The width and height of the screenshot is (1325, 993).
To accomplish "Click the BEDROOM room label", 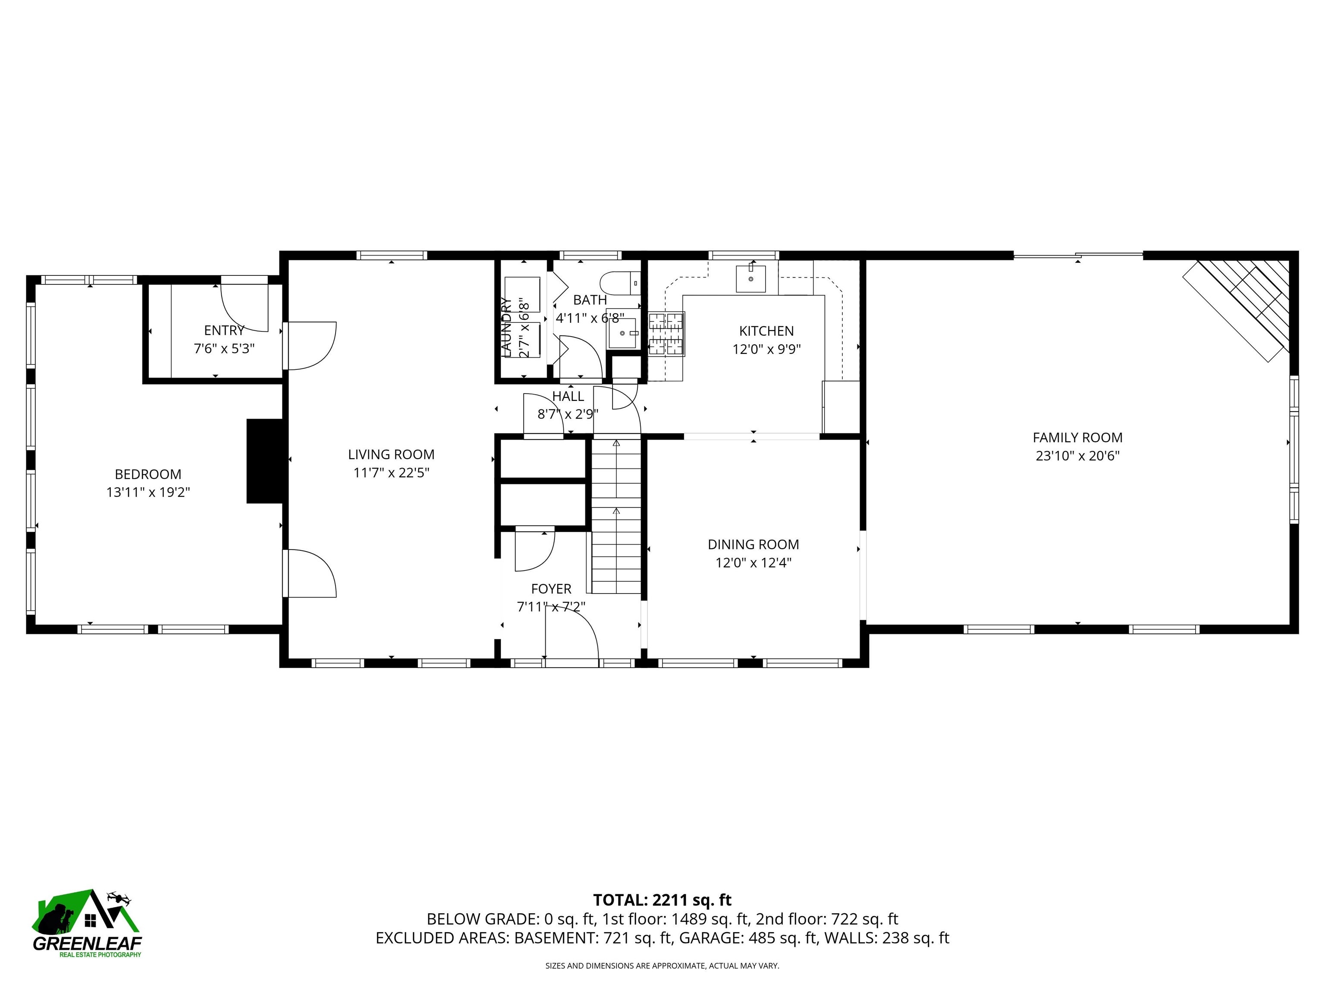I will (148, 474).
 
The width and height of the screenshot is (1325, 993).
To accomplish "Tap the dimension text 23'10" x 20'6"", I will (1077, 456).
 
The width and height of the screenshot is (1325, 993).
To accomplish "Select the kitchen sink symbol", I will (750, 279).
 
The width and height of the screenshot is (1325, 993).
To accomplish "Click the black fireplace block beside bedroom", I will (264, 461).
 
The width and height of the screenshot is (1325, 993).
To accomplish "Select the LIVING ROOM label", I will (391, 454).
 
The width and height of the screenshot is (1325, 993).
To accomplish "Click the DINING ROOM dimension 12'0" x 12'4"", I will (753, 562).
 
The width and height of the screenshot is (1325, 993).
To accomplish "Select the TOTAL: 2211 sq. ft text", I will (662, 899).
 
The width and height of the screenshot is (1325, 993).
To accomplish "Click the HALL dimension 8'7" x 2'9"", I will (567, 414).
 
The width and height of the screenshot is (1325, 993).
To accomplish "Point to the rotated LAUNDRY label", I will (506, 328).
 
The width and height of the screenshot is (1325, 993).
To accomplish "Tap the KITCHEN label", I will (766, 331).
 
